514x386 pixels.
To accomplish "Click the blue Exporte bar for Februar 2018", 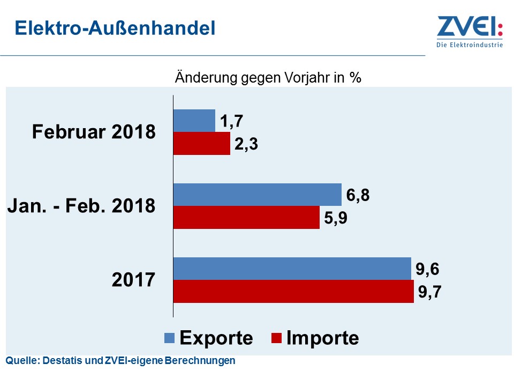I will coord(194,121).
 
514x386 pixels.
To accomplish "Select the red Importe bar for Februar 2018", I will coord(201,143).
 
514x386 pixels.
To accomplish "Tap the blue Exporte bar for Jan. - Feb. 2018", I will coord(257,195).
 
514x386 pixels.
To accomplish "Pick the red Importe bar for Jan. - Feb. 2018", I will coord(246,217).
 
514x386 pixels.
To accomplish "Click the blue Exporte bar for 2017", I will coord(292,269).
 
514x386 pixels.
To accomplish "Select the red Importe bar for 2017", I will coord(293,291).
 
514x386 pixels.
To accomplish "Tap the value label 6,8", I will coord(358,195).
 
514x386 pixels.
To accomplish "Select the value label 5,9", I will coord(336,218).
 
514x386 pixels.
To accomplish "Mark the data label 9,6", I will coord(428,268).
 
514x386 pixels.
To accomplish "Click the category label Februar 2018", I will coord(94,132).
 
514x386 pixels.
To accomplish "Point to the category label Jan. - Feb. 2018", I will coord(81,206).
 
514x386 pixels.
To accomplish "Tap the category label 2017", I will coord(133,280).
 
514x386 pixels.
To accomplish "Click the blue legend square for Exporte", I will coord(170,338).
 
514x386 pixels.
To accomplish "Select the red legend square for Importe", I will coord(277,338).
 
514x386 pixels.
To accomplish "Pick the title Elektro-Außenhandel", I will coord(115,28).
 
